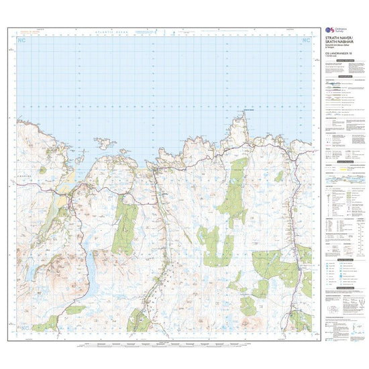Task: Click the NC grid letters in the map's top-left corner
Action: [x=23, y=42]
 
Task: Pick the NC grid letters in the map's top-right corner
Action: [x=307, y=42]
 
